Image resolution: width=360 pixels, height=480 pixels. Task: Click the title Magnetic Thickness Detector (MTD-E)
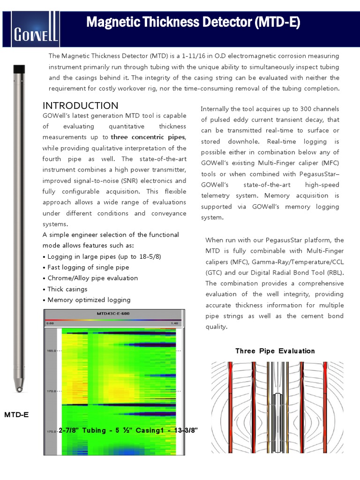click(193, 22)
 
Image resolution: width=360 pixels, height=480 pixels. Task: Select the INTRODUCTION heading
click(80, 105)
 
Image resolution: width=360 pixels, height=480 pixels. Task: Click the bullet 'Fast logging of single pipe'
click(88, 267)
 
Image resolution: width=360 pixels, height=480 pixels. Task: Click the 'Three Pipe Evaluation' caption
click(275, 351)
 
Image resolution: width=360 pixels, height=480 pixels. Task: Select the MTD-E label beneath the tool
click(16, 415)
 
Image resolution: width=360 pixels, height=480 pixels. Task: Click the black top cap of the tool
click(19, 69)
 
